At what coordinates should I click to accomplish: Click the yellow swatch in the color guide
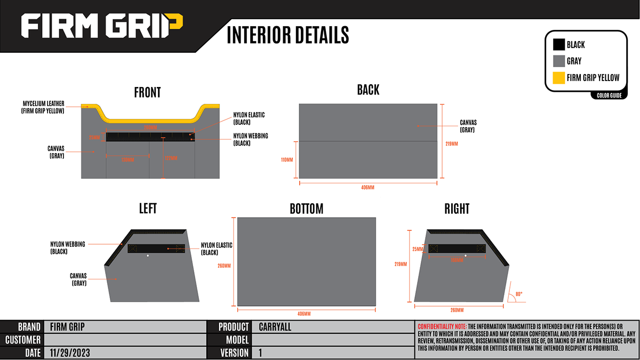[558, 78]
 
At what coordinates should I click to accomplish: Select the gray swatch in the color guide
[558, 61]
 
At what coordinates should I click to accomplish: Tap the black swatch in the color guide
[558, 45]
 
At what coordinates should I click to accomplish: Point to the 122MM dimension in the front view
[170, 158]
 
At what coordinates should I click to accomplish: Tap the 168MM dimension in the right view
[456, 260]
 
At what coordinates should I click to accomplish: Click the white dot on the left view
[148, 255]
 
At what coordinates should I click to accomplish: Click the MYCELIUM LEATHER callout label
[43, 107]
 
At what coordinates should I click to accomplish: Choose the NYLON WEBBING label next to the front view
[251, 139]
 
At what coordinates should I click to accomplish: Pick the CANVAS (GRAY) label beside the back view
[468, 126]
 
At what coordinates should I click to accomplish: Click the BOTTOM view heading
[306, 208]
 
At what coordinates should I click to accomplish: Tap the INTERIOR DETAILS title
[287, 35]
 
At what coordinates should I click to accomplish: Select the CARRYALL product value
[275, 327]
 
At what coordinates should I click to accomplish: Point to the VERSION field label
[234, 353]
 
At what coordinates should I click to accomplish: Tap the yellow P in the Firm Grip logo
[174, 26]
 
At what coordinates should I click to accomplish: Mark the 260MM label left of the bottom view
[225, 266]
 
